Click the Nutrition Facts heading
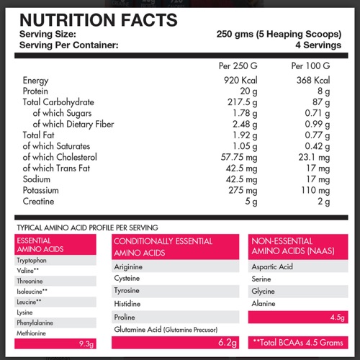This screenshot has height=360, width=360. [99, 20]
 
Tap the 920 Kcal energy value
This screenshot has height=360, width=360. [240, 80]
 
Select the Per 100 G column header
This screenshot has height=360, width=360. [310, 66]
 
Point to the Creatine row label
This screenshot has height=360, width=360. [38, 201]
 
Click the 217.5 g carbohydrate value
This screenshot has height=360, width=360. [243, 102]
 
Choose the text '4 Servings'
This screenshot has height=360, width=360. [318, 45]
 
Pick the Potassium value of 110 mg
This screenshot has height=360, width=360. [315, 190]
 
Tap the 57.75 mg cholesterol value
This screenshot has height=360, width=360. [239, 157]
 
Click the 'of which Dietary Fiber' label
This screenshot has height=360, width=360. [73, 124]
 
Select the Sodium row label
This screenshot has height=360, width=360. [37, 179]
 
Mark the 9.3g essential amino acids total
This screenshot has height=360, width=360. [86, 344]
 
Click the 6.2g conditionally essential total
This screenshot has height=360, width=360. [228, 342]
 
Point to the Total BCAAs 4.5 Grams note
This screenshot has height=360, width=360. [298, 343]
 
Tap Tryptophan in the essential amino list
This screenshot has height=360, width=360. [32, 261]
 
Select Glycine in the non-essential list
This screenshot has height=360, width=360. [263, 292]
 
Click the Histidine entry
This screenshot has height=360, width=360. [127, 304]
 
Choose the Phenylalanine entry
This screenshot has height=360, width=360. [35, 323]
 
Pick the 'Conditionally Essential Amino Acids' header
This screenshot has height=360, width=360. [163, 247]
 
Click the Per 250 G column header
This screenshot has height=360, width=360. [238, 66]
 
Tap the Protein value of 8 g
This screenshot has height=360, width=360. [323, 91]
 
